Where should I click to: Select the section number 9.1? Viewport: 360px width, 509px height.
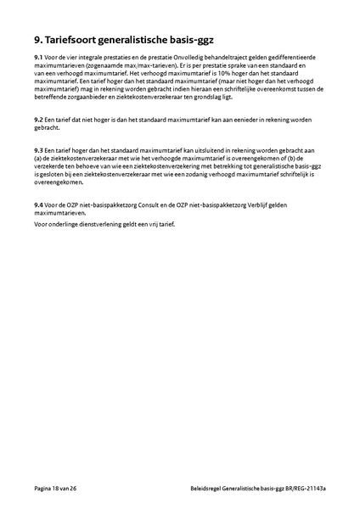click(39, 57)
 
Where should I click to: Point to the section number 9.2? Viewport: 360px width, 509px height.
click(39, 120)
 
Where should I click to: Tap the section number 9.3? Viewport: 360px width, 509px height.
click(39, 148)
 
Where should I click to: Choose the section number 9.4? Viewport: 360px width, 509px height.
click(39, 204)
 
